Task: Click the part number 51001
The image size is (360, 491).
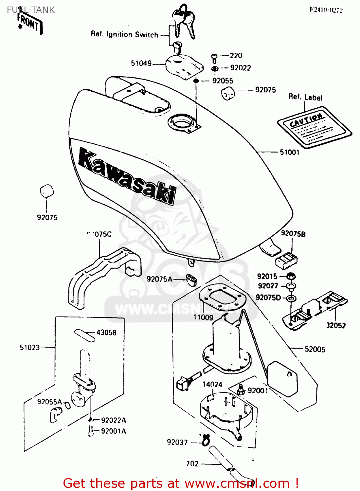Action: click(289, 152)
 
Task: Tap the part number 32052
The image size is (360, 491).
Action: click(336, 325)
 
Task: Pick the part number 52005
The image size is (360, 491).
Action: click(315, 349)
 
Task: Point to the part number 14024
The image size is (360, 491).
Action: click(212, 384)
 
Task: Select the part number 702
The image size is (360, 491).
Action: click(192, 464)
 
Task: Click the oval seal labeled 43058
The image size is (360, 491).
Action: click(85, 335)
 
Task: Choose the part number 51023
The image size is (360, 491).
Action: click(30, 347)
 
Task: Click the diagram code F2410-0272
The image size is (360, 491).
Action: click(326, 10)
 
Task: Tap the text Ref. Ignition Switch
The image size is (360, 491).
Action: click(124, 34)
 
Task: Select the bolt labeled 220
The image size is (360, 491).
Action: click(214, 58)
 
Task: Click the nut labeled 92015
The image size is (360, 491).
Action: click(291, 276)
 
